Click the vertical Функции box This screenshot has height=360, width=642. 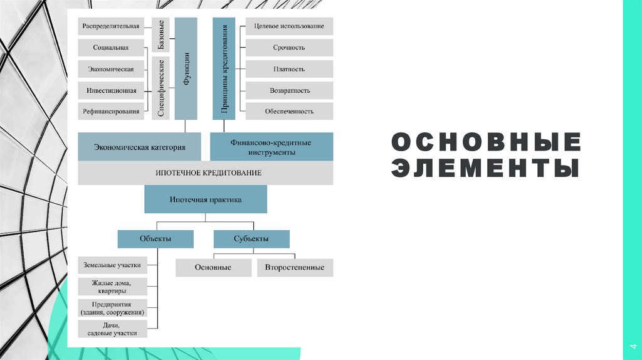186,68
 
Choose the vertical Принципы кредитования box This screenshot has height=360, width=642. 224,68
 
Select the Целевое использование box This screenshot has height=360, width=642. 289,26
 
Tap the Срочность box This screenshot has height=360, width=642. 289,48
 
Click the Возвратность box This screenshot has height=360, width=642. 289,90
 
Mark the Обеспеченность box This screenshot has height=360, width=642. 289,112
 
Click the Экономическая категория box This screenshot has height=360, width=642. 140,147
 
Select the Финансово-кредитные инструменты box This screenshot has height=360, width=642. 271,147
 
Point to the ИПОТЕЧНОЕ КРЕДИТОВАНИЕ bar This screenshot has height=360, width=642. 206,172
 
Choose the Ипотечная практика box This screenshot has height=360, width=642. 206,199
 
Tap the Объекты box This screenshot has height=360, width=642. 155,239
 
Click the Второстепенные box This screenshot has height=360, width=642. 295,268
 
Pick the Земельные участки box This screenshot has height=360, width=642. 113,265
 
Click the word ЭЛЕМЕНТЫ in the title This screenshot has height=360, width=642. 485,169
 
